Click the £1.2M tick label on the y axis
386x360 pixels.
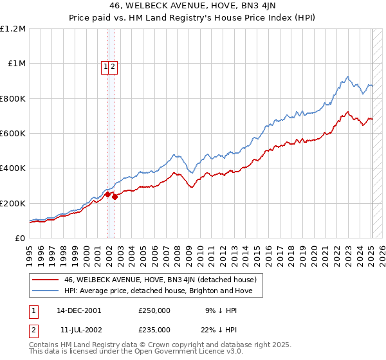pos(12,29)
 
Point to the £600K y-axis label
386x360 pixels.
pos(12,134)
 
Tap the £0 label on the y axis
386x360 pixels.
pos(20,238)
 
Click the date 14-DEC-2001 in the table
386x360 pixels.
pos(78,310)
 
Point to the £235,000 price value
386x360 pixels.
pos(154,329)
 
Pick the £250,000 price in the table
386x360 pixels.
pos(154,310)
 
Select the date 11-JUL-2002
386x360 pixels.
pos(78,329)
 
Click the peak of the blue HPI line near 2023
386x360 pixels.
pos(347,76)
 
